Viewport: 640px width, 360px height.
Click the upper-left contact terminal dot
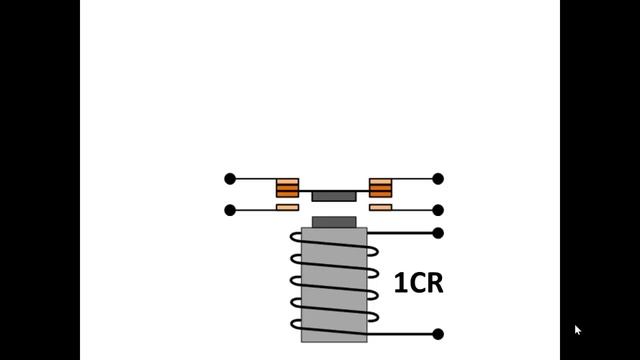tap(230, 179)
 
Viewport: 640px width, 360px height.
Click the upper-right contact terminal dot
tap(438, 179)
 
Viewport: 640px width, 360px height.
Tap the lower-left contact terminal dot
tap(230, 210)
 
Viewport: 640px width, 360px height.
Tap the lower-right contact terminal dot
tap(438, 210)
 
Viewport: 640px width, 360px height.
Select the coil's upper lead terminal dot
tap(438, 233)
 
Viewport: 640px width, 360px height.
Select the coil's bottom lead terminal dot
tap(438, 334)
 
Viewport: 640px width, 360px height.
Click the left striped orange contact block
tap(287, 187)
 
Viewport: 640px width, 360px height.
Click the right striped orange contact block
tap(381, 187)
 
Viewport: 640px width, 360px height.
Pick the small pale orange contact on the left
tap(287, 207)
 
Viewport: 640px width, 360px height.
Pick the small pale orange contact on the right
tap(381, 207)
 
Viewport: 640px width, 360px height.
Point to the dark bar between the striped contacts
tap(334, 196)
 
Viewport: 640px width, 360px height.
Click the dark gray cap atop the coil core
tap(334, 221)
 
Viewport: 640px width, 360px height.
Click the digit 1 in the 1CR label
tap(400, 283)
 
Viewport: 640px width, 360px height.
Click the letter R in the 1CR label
tap(432, 283)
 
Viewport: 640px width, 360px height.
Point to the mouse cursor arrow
tap(577, 329)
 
